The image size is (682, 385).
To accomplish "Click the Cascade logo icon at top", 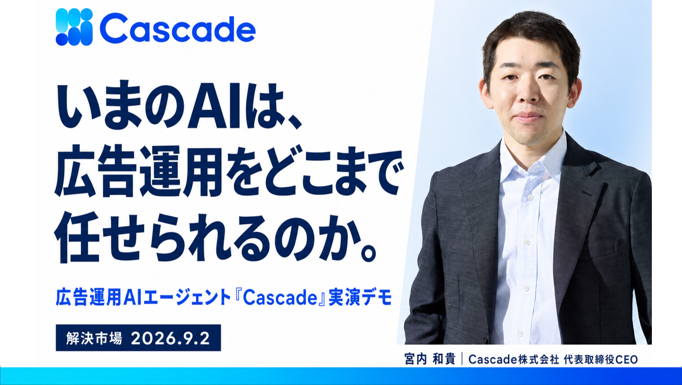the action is (x=74, y=27).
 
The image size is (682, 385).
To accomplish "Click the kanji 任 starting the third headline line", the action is (x=78, y=237).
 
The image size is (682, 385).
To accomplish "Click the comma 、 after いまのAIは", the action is (x=291, y=122).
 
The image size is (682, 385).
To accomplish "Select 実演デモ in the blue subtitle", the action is (x=360, y=298).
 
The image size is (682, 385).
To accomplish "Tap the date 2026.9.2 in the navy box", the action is (x=170, y=338).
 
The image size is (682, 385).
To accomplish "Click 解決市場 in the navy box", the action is (x=94, y=338).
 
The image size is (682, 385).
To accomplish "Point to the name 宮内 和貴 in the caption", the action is (x=430, y=359).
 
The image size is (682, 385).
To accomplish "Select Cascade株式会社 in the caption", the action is (x=514, y=359).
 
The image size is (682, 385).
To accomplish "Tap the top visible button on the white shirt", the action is (x=530, y=198).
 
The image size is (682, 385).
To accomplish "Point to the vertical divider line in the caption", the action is (x=462, y=359).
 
